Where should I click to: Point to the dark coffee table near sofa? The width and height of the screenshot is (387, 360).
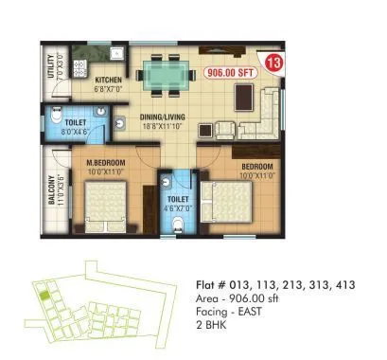pyautogui.click(x=245, y=96)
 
